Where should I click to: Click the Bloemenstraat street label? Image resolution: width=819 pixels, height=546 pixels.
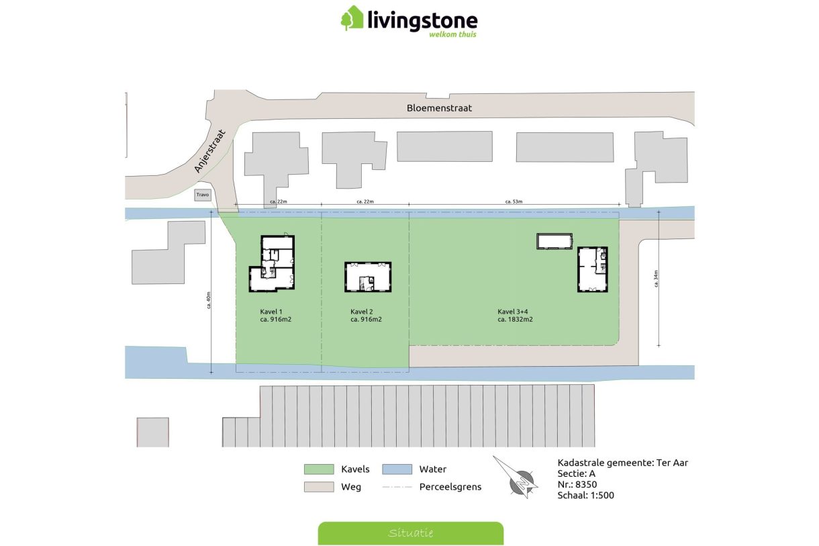(x=439, y=108)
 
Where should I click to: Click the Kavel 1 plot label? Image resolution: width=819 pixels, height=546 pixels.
(x=275, y=316)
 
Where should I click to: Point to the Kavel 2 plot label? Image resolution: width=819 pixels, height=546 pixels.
(x=366, y=316)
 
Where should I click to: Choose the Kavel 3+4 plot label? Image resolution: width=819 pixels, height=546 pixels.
(x=515, y=316)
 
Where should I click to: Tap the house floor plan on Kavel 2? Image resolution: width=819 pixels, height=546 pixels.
(x=368, y=277)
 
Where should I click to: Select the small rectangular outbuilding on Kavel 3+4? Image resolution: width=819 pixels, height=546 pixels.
(x=555, y=241)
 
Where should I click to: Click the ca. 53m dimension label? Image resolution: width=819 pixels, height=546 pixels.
(x=514, y=201)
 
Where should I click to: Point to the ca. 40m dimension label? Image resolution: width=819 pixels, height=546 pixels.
(x=209, y=301)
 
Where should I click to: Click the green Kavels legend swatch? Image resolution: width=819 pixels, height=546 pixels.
(x=320, y=469)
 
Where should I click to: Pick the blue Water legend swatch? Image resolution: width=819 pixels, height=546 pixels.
(x=397, y=469)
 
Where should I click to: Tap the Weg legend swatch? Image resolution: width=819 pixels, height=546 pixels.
(x=320, y=487)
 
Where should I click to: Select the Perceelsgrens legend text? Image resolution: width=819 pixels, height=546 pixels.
(x=450, y=487)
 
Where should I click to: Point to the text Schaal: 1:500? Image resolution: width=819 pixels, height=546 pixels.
(x=585, y=496)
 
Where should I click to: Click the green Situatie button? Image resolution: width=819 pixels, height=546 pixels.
(x=410, y=533)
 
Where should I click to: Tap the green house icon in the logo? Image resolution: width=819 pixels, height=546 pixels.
(x=352, y=18)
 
